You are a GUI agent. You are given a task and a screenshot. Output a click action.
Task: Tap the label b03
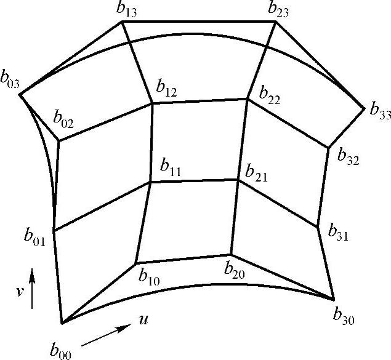tap(12, 82)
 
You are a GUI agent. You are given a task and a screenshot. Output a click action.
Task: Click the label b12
tap(166, 90)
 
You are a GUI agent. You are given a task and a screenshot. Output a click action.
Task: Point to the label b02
tap(63, 119)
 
